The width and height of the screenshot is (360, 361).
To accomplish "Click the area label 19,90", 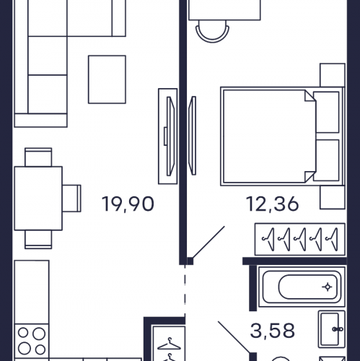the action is [128, 204].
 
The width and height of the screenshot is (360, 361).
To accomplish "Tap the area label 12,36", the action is [273, 204].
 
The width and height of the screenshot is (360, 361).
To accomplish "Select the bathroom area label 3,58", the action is [273, 331].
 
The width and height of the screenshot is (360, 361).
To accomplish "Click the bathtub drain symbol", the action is [327, 287].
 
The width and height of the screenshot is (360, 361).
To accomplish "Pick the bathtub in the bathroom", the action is [302, 287].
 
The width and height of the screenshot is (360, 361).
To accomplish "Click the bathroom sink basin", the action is [332, 329].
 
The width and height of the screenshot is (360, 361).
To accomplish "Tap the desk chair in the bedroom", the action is [212, 31].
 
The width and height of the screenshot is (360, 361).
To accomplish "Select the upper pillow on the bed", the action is [326, 112].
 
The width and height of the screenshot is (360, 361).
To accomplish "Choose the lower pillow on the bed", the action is [326, 160].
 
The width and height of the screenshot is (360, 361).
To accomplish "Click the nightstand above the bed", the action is [333, 75].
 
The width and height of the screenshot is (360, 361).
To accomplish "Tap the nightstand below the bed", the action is [333, 197].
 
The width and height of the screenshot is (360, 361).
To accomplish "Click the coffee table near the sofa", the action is [107, 79].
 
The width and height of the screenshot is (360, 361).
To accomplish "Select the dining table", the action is [38, 199].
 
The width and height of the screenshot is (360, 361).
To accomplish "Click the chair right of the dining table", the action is [72, 199].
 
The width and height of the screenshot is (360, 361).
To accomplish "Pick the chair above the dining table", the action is [38, 157].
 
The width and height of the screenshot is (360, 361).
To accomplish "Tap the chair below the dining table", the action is [38, 240].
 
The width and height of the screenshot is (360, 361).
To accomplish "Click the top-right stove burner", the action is [39, 334].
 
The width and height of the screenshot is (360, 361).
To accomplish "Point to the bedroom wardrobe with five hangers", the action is [300, 239].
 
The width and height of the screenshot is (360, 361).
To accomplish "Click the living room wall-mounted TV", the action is [170, 136].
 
